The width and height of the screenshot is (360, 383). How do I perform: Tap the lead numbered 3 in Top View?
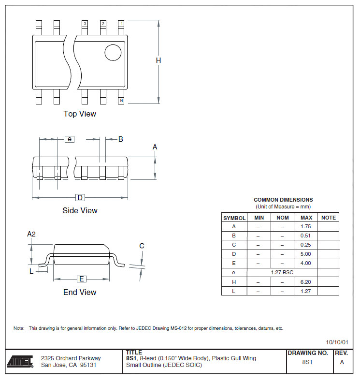click(85, 28)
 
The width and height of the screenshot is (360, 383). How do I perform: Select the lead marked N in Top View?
click(121, 97)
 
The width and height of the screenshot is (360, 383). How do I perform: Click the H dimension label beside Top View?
click(158, 60)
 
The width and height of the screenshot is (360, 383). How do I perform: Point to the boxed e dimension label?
click(70, 139)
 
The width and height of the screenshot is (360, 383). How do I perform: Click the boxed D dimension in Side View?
click(80, 198)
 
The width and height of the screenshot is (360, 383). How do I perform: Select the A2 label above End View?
click(31, 234)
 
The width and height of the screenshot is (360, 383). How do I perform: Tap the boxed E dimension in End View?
click(82, 279)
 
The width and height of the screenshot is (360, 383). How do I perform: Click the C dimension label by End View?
click(142, 246)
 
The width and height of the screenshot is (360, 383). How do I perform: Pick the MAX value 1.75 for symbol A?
click(305, 226)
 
